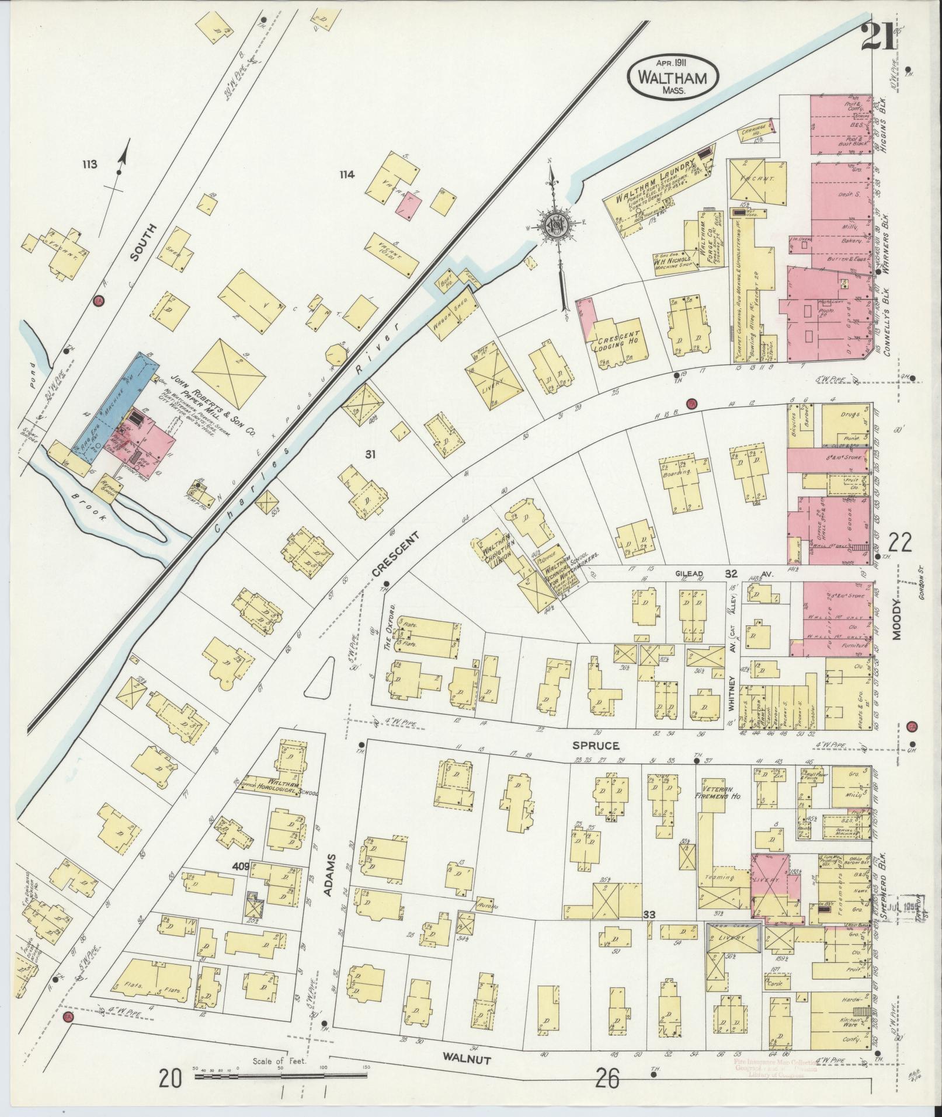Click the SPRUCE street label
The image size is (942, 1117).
pos(595,746)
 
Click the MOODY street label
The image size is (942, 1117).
pos(897,620)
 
